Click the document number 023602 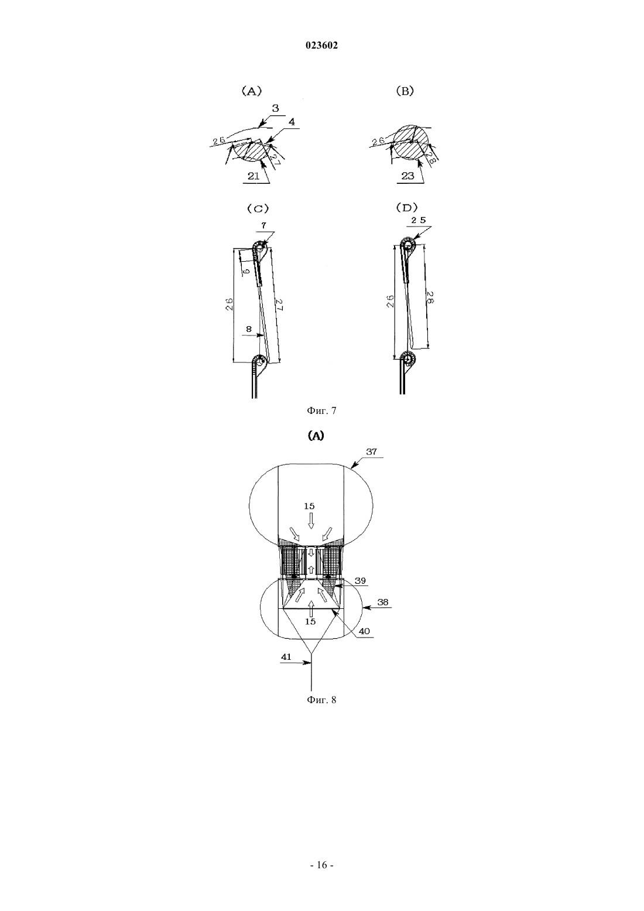click(x=321, y=46)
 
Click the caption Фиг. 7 click(x=321, y=410)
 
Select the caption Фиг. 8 click(x=321, y=700)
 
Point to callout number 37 click(x=371, y=451)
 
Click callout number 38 click(x=382, y=602)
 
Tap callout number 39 click(x=360, y=580)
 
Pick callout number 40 click(x=364, y=631)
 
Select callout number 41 click(x=286, y=657)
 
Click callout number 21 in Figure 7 click(x=254, y=176)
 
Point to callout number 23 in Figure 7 click(x=407, y=176)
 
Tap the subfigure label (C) click(x=258, y=208)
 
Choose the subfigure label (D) click(x=406, y=208)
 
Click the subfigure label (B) click(x=405, y=91)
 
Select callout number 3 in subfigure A click(x=276, y=108)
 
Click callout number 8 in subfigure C click(x=249, y=329)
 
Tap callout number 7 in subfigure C click(x=264, y=225)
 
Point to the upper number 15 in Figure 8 click(x=309, y=506)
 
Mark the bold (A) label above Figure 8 click(x=316, y=436)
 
